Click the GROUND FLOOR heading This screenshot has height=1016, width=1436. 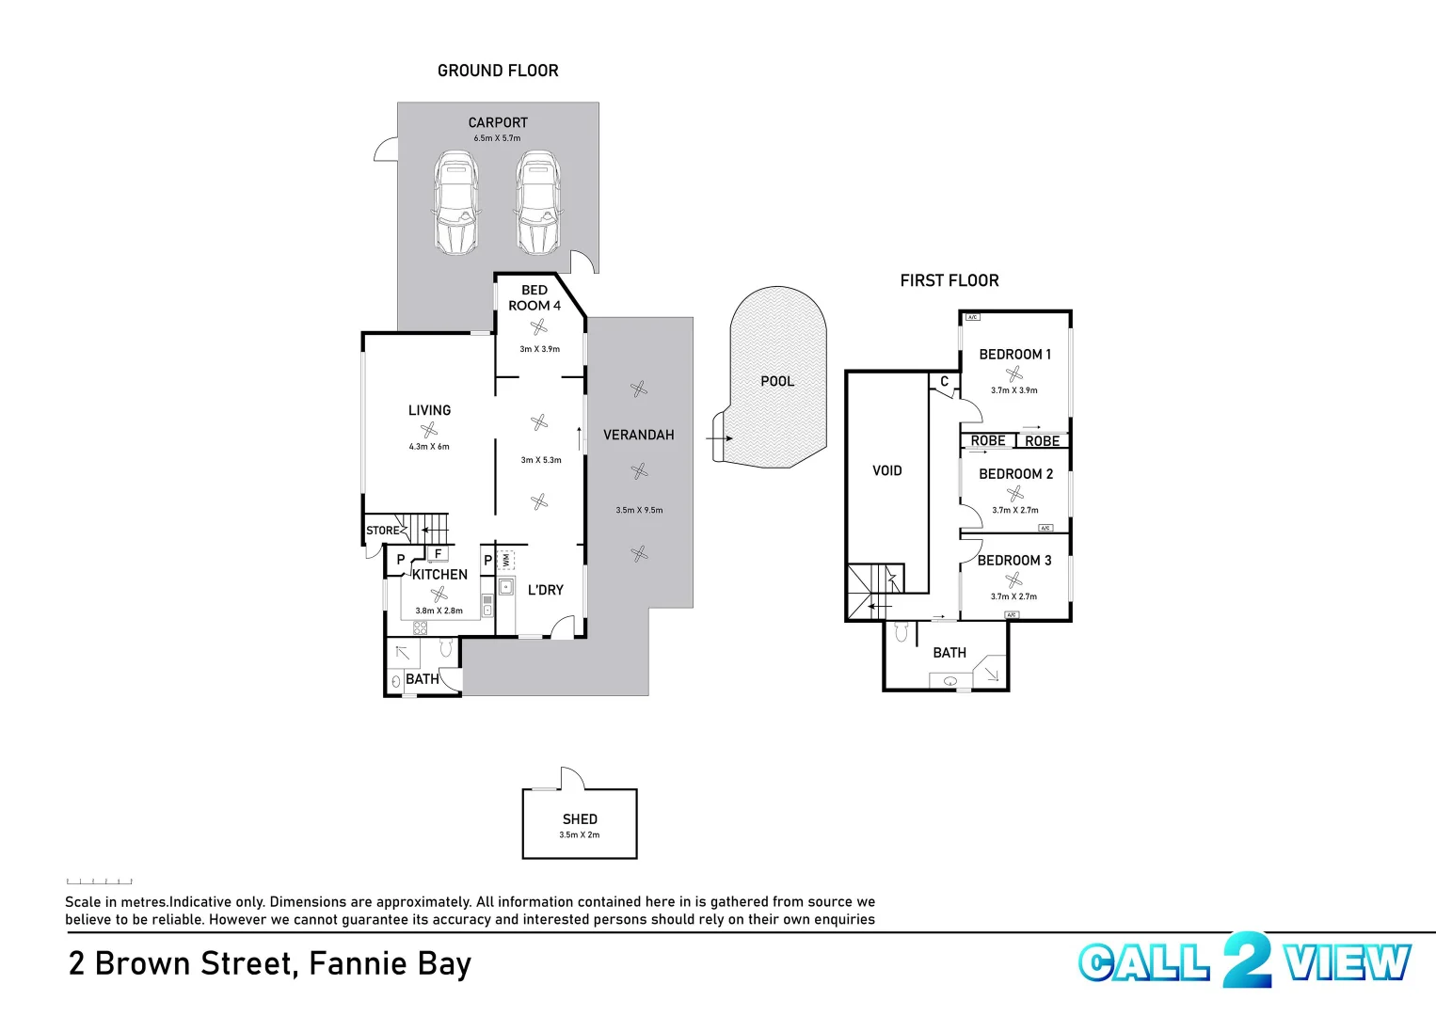point(498,71)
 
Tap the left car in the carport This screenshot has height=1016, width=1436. point(456,203)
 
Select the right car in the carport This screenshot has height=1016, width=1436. point(538,203)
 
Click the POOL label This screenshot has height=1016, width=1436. point(777,381)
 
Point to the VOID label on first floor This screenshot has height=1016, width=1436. point(886,470)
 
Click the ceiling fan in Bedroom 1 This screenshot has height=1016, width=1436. point(1013,373)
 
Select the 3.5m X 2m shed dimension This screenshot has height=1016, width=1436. point(579,835)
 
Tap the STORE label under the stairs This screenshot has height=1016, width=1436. point(382,531)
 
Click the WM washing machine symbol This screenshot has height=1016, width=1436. point(506,560)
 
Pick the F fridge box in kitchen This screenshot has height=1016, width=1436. point(438,554)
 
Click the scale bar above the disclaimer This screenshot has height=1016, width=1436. point(99,881)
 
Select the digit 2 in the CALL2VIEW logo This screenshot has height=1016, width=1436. point(1247,960)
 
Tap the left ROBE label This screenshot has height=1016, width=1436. point(988,441)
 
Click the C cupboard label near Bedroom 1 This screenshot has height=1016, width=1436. point(944,382)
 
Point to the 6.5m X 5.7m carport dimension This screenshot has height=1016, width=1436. point(497,138)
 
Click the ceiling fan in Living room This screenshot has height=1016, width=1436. point(429,431)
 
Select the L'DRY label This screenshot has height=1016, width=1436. point(545,590)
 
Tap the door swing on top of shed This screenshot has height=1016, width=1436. point(571,778)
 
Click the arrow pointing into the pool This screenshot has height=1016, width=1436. point(719,438)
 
